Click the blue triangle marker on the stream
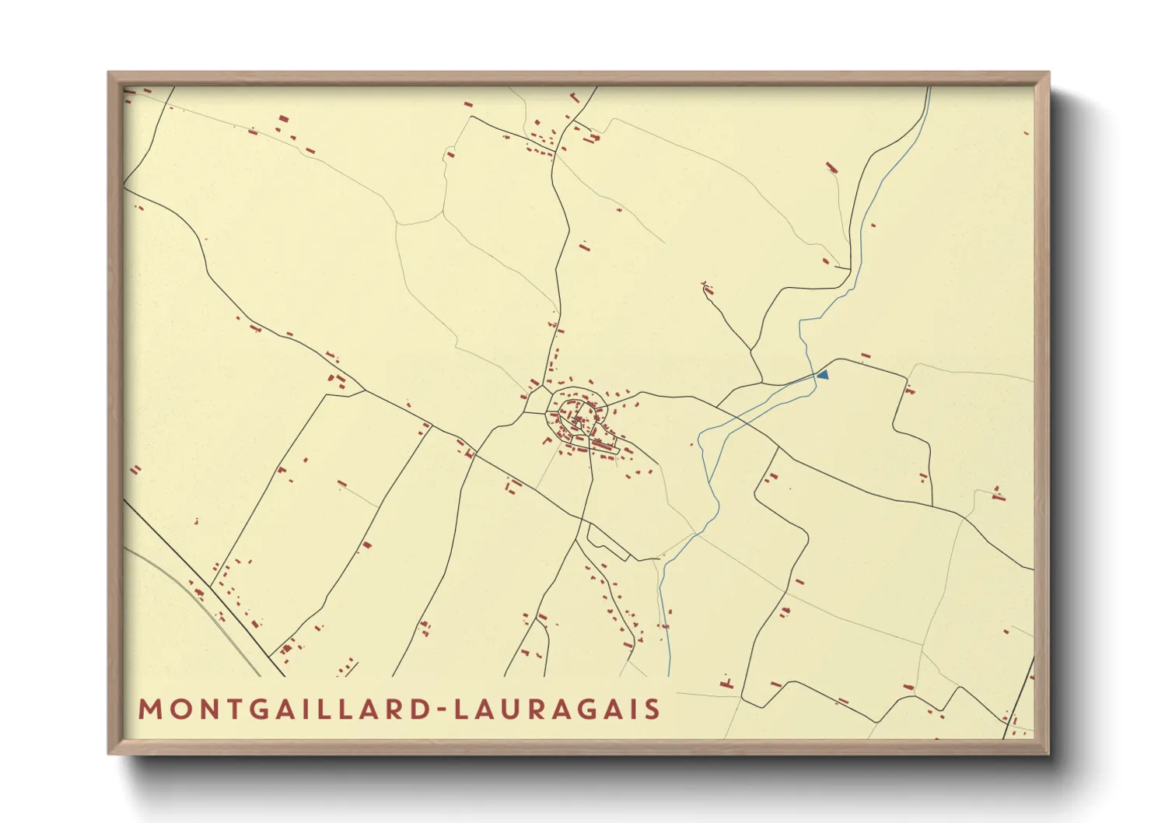point(823,375)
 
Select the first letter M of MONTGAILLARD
point(149,709)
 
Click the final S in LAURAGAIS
point(652,709)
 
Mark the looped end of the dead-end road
point(707,290)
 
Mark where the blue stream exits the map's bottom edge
point(669,675)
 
